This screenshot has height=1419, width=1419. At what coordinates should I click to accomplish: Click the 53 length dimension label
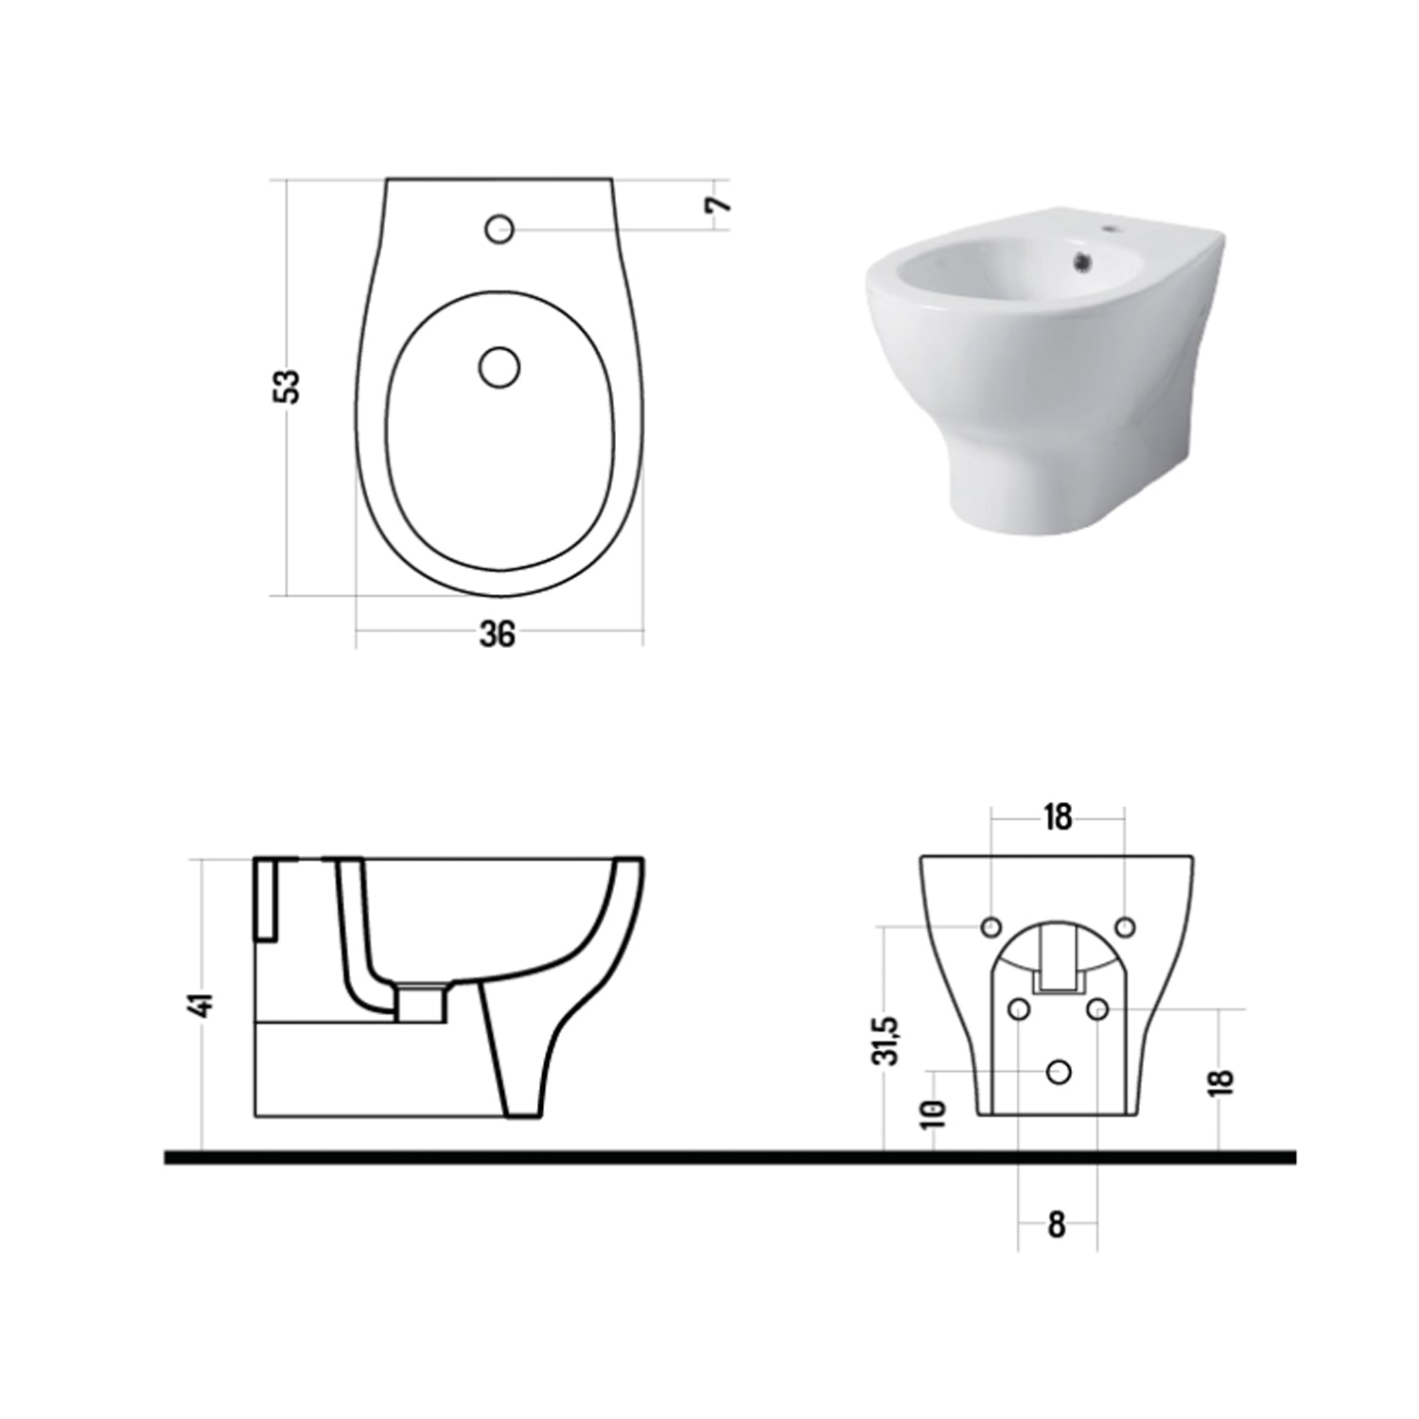coord(290,385)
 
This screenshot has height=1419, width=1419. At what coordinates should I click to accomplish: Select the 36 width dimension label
coord(498,634)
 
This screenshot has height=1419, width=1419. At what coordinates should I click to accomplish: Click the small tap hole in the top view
coord(499,228)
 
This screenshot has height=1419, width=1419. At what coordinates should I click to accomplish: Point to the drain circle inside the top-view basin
coord(499,367)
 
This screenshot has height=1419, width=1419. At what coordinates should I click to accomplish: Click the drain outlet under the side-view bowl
coord(422,1003)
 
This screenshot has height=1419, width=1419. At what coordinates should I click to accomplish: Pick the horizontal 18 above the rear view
coord(1058,816)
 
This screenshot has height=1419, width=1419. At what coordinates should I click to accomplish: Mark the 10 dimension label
coord(934,1112)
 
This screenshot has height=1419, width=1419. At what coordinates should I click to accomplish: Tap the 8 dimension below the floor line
coord(1057,1225)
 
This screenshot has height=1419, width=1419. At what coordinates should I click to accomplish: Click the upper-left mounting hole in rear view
coord(991,925)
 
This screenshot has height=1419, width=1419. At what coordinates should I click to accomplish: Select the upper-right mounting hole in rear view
coord(1125,925)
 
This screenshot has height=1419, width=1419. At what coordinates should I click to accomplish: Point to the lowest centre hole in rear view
coord(1059,1071)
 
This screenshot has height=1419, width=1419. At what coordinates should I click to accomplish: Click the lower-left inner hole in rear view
coord(1019,1009)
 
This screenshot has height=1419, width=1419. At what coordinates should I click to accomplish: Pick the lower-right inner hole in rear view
coord(1097,1009)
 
